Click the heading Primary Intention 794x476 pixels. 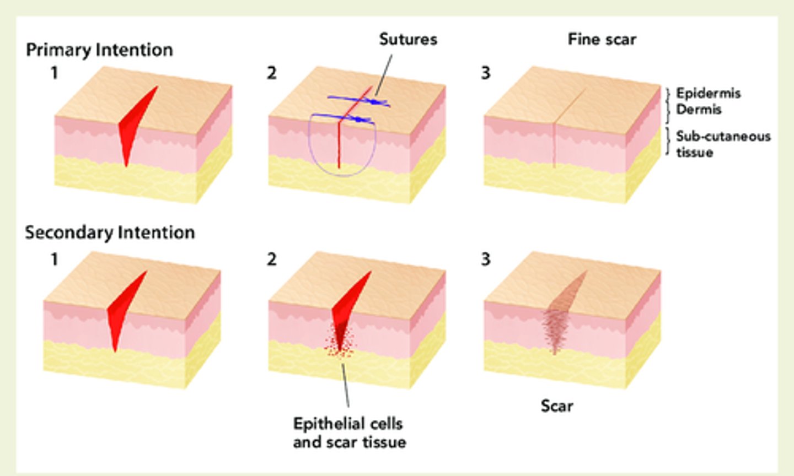click(x=99, y=50)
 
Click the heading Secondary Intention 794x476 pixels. click(x=110, y=232)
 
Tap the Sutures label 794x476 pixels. click(x=408, y=39)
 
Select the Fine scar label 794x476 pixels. click(x=602, y=39)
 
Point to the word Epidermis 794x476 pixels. click(x=708, y=93)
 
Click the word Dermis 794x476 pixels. click(x=699, y=110)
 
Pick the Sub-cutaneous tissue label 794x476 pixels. click(x=723, y=144)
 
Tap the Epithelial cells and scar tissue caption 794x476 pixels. click(x=350, y=432)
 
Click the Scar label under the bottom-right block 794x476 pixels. click(x=557, y=406)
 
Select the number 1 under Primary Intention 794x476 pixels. click(x=54, y=73)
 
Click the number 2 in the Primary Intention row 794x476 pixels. click(x=271, y=73)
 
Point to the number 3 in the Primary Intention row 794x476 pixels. click(x=485, y=73)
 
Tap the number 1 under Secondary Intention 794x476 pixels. click(x=54, y=259)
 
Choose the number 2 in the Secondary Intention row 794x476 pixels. click(x=271, y=259)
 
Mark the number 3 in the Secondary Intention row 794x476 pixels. click(x=485, y=259)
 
